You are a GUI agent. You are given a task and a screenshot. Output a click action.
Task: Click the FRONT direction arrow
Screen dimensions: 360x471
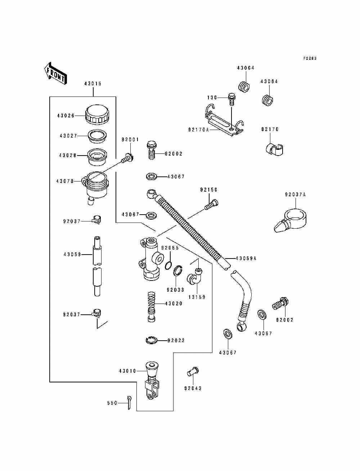pos(55,73)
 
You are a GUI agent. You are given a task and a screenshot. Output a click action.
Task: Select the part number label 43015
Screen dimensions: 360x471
pos(93,84)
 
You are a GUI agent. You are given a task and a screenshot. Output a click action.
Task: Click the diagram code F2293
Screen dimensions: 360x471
pos(310,58)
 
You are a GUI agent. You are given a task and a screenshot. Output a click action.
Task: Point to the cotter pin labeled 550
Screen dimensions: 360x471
pos(129,403)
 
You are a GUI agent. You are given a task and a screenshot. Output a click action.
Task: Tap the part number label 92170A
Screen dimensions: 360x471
pos(198,130)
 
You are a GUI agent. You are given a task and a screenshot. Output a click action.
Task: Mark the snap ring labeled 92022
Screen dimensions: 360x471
pos(151,340)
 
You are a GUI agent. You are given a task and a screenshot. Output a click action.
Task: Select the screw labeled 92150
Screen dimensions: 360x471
pos(211,204)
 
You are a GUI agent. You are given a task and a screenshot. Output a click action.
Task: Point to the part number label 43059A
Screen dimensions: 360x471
pos(246,258)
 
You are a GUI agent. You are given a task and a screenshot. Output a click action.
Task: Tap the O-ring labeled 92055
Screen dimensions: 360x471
pos(168,266)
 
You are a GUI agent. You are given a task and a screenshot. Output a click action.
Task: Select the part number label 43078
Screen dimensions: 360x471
pos(65,181)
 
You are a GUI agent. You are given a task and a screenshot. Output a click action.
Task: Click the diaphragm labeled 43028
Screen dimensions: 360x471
pos(97,157)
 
